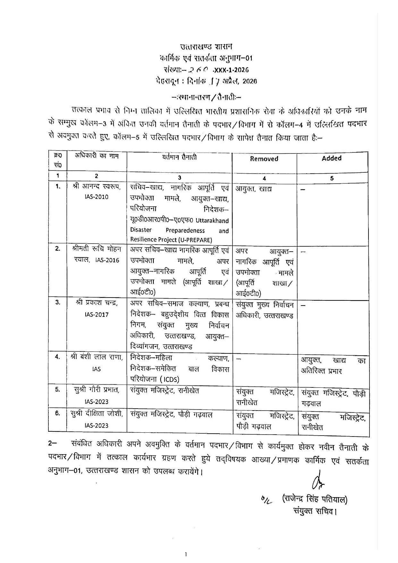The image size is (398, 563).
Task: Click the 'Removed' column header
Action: [264, 159]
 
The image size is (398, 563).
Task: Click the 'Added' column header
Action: [332, 158]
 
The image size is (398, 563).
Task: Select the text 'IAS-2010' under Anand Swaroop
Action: [97, 197]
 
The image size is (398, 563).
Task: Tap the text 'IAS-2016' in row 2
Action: [107, 260]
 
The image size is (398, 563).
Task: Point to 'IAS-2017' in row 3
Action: [97, 315]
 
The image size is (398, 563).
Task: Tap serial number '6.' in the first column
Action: [57, 413]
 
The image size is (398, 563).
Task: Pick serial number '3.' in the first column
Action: [57, 302]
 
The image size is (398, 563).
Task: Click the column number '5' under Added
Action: [332, 178]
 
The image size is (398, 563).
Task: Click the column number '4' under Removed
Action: [264, 178]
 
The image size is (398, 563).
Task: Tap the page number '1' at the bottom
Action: [186, 554]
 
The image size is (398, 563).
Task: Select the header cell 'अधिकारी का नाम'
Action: [97, 156]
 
